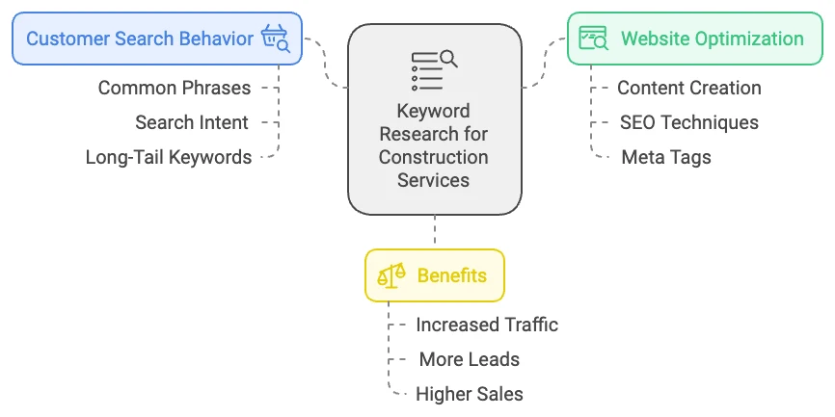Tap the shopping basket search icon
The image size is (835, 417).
[275, 39]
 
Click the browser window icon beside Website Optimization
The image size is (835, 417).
[593, 39]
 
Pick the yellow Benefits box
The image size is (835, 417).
[434, 275]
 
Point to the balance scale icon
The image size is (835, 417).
[391, 275]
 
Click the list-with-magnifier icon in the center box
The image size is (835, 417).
[433, 70]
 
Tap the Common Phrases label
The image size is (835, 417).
[175, 88]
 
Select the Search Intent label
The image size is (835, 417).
[192, 122]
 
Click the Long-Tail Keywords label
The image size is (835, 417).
[169, 157]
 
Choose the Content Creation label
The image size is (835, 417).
[689, 88]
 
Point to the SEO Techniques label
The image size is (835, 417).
[689, 122]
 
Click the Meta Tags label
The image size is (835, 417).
[666, 157]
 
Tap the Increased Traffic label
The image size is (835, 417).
[487, 325]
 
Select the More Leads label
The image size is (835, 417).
[470, 359]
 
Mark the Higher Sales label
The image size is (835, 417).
[470, 394]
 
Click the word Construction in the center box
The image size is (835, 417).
[433, 157]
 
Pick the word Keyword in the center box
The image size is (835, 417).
[433, 111]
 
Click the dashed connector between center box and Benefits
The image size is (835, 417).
[435, 231]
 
